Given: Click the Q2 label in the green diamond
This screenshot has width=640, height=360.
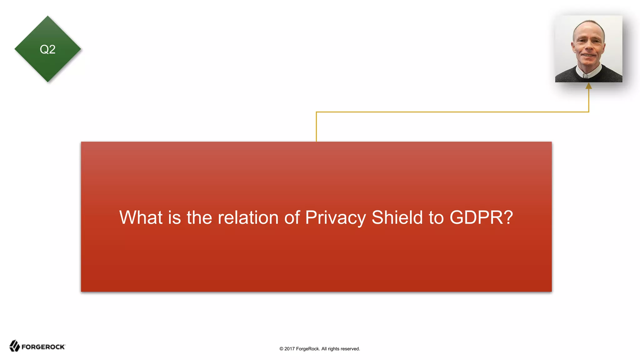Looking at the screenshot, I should point(47,49).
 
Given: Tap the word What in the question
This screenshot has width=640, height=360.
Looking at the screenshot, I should point(141,217).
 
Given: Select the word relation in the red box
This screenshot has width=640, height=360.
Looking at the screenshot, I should point(248,217).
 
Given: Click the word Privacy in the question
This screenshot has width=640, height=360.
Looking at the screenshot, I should point(335,218).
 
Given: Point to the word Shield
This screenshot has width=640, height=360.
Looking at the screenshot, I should point(397,217).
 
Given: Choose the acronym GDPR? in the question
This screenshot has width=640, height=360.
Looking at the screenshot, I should point(481,217).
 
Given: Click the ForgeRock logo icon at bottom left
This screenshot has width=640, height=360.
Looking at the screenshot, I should point(14,346).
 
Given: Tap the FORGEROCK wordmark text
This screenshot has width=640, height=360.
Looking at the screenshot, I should point(43,347).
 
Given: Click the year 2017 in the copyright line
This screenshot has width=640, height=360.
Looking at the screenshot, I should point(289,349).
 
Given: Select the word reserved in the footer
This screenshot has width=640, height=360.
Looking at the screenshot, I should point(350,349).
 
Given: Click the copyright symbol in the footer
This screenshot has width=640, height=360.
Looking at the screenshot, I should point(281,349).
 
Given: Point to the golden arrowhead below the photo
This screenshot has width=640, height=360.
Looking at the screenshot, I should point(589,86).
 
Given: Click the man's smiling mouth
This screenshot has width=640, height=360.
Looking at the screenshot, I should point(589,56).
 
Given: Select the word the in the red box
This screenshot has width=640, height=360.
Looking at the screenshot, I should point(199,217).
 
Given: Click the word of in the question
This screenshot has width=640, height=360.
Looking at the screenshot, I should point(292,217).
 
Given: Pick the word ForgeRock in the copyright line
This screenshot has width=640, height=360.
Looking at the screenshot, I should point(307,349).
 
